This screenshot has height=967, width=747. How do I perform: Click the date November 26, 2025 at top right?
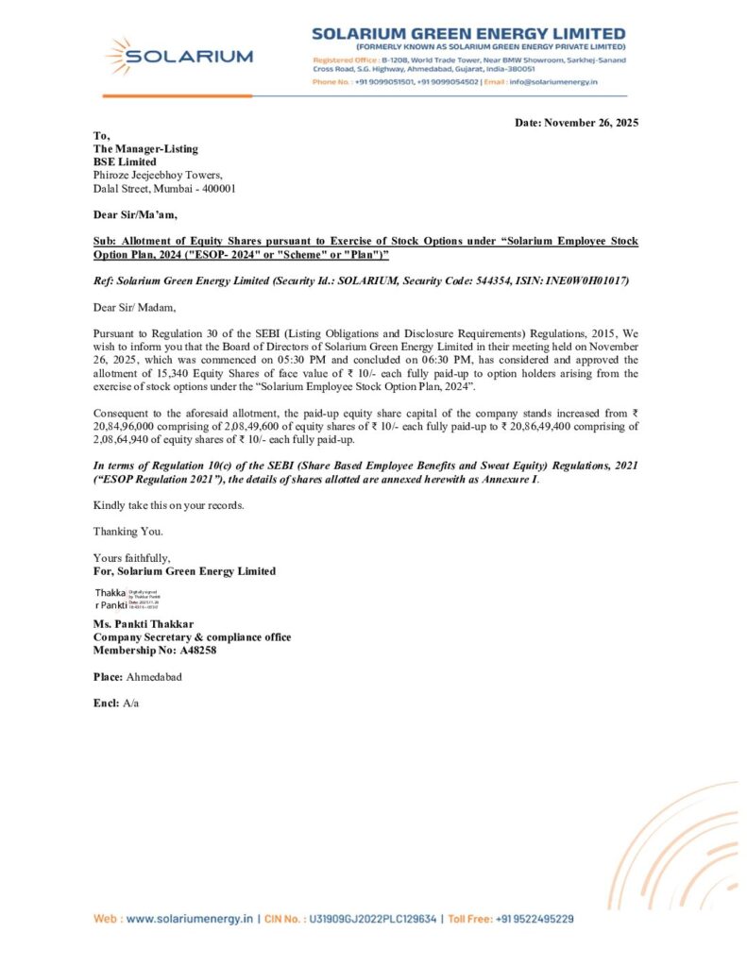pyautogui.click(x=598, y=124)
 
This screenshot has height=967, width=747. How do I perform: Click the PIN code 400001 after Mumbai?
pyautogui.click(x=216, y=188)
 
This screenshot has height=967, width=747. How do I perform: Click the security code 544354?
pyautogui.click(x=479, y=281)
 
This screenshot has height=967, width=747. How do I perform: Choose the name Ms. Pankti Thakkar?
pyautogui.click(x=144, y=624)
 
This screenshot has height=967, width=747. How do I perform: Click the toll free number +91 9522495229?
pyautogui.click(x=536, y=918)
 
